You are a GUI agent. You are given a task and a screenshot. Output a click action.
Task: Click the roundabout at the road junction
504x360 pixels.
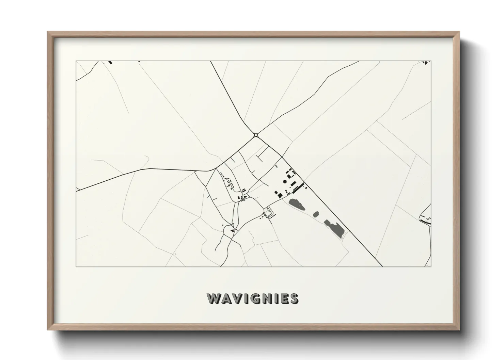(x=256, y=135)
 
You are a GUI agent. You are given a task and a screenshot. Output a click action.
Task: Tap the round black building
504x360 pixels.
(x=285, y=181)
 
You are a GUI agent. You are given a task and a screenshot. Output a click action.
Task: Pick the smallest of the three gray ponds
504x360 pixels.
(x=316, y=214)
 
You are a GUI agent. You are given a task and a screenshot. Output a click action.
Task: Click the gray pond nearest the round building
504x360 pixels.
(x=297, y=204)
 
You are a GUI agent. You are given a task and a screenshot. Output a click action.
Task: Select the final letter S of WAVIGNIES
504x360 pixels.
(x=294, y=298)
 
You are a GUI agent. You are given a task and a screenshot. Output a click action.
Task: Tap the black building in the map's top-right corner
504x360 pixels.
(x=425, y=62)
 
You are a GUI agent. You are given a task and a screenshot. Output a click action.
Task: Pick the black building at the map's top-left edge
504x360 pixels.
(x=110, y=62)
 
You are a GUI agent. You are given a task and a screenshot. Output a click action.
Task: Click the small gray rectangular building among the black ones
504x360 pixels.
(x=293, y=184)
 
